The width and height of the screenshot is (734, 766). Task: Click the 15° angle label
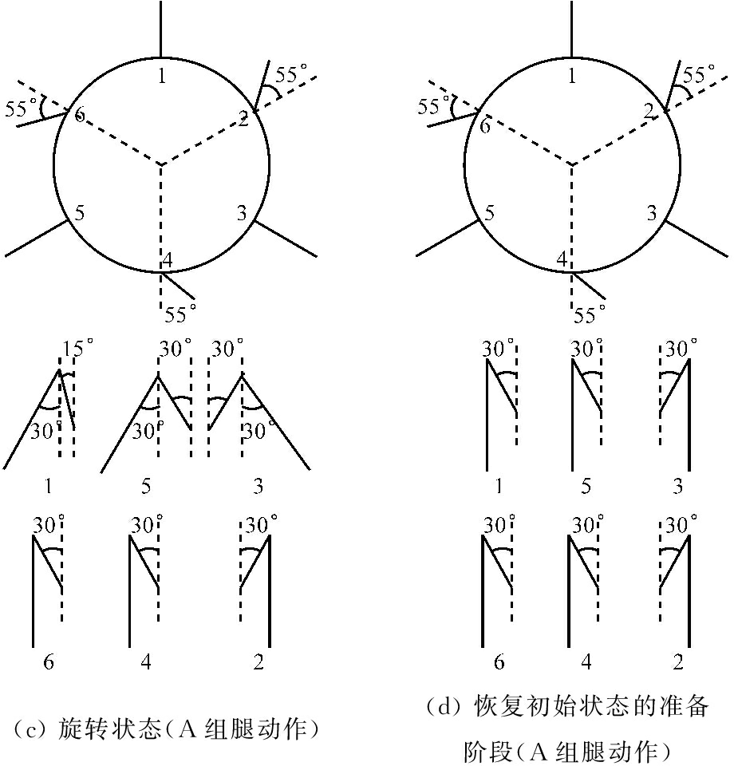[77, 349]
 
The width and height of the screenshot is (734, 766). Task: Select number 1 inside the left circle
[162, 77]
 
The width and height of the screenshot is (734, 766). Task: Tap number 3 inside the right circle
[652, 214]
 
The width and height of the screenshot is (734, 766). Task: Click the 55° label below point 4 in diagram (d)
[590, 314]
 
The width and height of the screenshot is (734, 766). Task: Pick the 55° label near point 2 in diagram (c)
[291, 73]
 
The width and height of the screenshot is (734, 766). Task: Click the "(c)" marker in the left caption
[30, 730]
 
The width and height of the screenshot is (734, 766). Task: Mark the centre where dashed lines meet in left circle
[161, 164]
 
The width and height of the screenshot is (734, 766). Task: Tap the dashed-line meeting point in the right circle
[572, 164]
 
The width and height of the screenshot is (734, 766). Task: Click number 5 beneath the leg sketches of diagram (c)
[146, 487]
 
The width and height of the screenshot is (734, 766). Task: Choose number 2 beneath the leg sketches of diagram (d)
[678, 662]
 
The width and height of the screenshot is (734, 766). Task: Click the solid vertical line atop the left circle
[160, 30]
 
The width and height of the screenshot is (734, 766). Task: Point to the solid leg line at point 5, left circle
[36, 238]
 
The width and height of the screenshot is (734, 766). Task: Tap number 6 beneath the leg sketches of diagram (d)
[499, 662]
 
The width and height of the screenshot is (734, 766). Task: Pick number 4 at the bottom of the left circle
[168, 260]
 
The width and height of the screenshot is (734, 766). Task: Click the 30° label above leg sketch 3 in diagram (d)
[681, 349]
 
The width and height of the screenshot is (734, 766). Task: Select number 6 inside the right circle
[484, 126]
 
